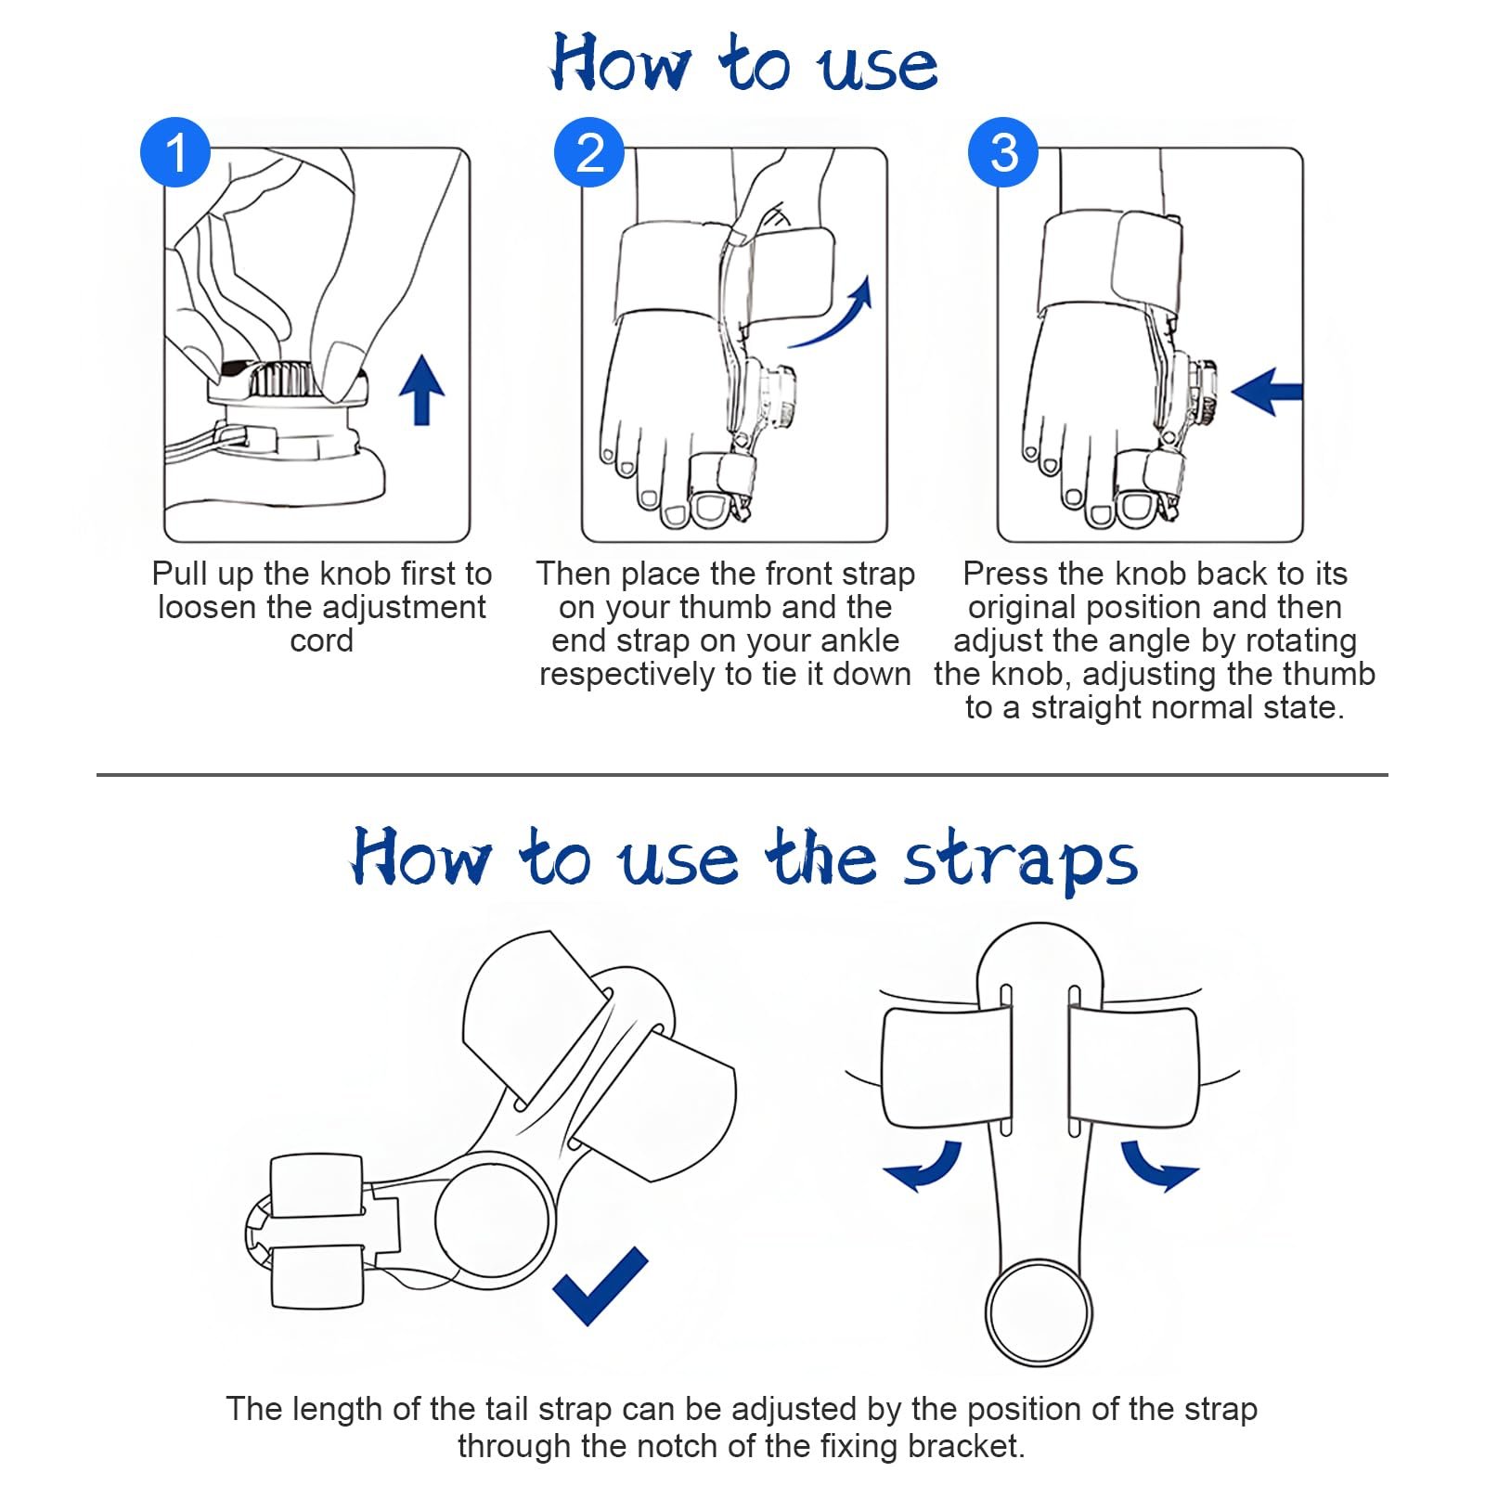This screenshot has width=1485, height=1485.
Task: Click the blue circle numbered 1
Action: [x=175, y=151]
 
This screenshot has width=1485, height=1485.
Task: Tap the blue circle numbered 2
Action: [x=589, y=151]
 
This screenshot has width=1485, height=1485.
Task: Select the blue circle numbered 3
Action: [x=1003, y=151]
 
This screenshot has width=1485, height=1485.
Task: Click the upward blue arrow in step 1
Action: [x=421, y=390]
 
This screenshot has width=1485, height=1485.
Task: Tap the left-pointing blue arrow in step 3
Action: [x=1267, y=392]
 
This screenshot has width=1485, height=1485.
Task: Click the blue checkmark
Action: [x=599, y=1285]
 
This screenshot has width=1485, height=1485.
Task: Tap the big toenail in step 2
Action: [x=712, y=508]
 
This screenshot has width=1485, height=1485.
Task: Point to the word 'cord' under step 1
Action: [x=322, y=641]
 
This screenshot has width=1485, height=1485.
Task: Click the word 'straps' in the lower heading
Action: [x=1021, y=861]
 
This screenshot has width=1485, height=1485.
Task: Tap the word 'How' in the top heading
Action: [x=621, y=63]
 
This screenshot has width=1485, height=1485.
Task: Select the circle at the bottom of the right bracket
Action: [x=1038, y=1311]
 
